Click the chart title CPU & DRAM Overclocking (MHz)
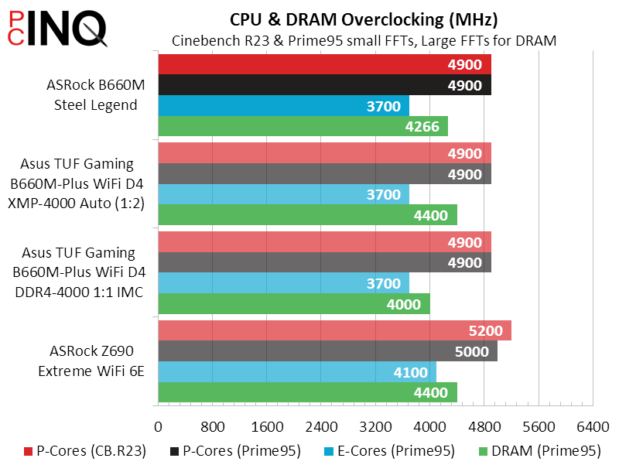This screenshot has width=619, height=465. (x=364, y=19)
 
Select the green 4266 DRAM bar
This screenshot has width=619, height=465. (x=303, y=126)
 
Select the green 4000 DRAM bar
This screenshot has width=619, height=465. (x=294, y=304)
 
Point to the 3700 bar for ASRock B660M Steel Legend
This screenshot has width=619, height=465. (x=283, y=105)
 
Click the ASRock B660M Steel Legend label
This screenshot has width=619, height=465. (x=96, y=94)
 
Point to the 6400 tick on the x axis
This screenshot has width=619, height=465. (x=593, y=426)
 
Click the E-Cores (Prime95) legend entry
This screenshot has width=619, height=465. (x=394, y=450)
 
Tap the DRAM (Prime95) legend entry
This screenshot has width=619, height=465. (x=541, y=450)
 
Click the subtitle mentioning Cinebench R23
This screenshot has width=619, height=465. (x=364, y=41)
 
